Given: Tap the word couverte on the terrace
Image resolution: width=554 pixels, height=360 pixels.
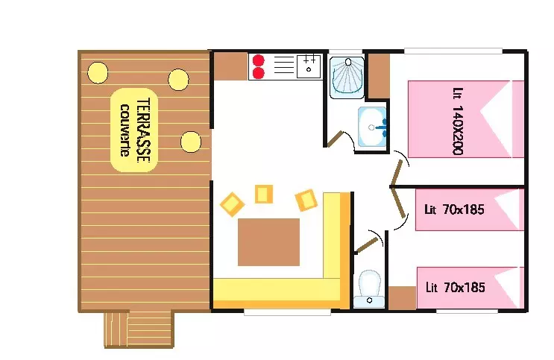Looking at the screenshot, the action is click(125, 130).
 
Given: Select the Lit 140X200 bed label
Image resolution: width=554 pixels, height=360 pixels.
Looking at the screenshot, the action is click(458, 121).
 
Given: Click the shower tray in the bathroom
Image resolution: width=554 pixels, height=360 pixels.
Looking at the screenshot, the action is click(347, 78).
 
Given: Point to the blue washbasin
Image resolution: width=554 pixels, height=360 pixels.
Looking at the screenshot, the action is click(372, 127).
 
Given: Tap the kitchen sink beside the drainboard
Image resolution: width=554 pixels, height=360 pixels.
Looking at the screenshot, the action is click(309, 66).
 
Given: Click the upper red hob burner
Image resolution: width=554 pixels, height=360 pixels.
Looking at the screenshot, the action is click(259, 60).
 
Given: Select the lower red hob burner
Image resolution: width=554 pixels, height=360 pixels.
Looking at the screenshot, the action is click(259, 73).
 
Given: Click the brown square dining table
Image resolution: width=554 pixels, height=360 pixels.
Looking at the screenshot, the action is click(268, 242).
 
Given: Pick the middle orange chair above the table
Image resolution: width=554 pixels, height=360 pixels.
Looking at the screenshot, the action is click(263, 194).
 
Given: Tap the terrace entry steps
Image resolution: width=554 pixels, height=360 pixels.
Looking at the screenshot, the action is click(139, 329).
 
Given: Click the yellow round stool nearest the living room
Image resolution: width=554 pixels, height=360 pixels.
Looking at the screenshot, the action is click(191, 142).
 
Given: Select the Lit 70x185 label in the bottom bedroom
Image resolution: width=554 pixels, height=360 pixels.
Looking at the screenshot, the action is click(455, 287).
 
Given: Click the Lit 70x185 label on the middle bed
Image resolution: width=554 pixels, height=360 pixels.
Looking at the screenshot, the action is click(454, 209).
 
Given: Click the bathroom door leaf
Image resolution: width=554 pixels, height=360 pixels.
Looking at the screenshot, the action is click(335, 139).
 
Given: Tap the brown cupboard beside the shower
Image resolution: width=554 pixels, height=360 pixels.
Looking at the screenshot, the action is click(379, 76).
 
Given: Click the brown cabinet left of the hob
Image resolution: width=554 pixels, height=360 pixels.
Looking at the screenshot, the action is click(230, 66).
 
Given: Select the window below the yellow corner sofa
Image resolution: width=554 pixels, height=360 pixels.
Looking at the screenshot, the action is click(287, 312).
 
